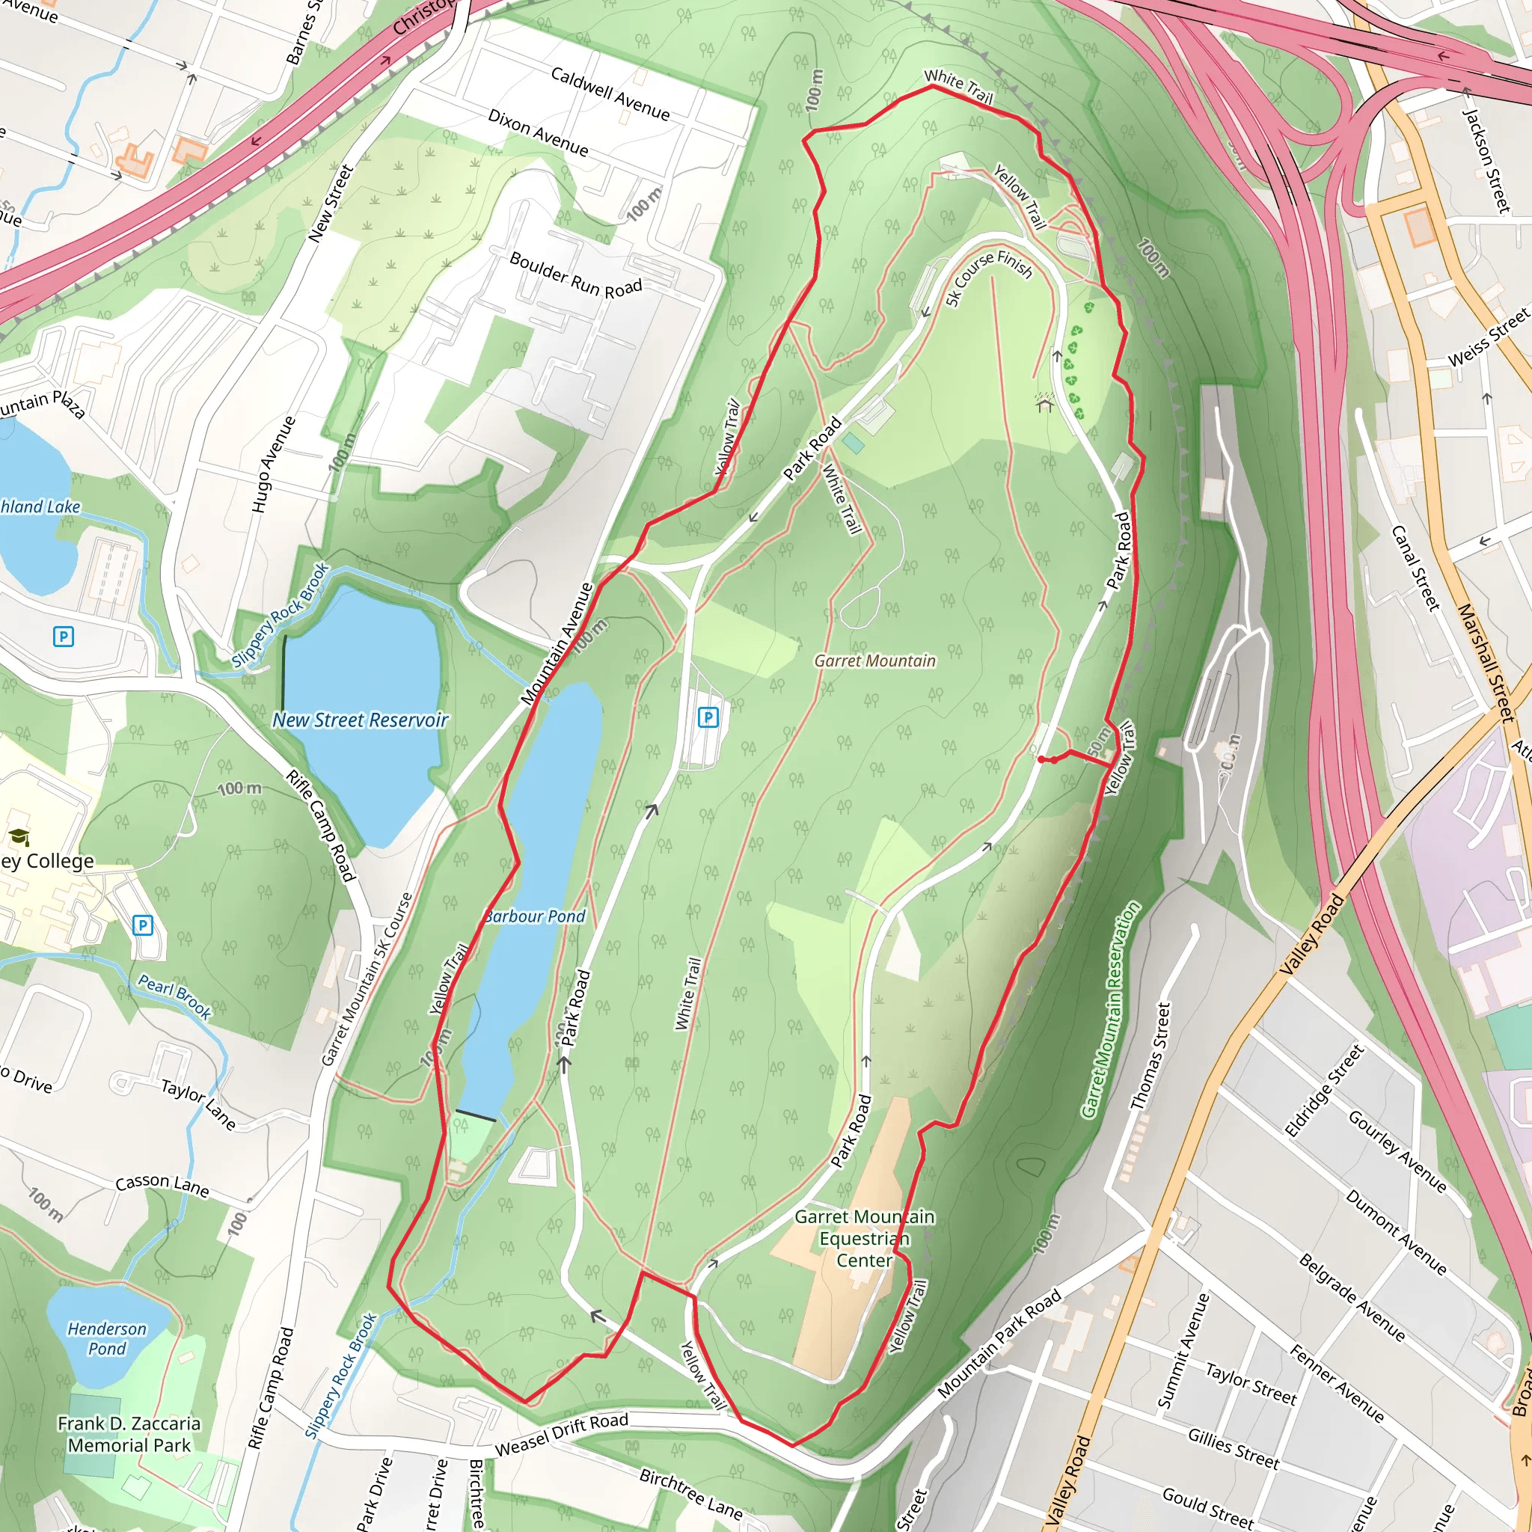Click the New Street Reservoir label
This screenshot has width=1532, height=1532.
(360, 720)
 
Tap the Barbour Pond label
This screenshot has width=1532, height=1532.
(536, 916)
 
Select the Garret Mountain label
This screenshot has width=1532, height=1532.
(874, 661)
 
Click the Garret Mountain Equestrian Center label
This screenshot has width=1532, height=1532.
(864, 1239)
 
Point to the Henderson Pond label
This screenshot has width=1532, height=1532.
(107, 1338)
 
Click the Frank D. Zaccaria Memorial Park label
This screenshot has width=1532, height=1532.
(129, 1435)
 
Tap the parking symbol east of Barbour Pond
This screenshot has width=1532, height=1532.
(708, 717)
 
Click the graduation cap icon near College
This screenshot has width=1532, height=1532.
(18, 836)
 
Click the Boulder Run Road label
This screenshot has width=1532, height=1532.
(576, 275)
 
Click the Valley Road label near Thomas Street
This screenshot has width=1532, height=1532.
(1312, 934)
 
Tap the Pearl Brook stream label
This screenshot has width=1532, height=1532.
(174, 996)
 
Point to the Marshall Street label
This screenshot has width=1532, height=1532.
(1485, 662)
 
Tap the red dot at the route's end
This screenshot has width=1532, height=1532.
(1041, 759)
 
